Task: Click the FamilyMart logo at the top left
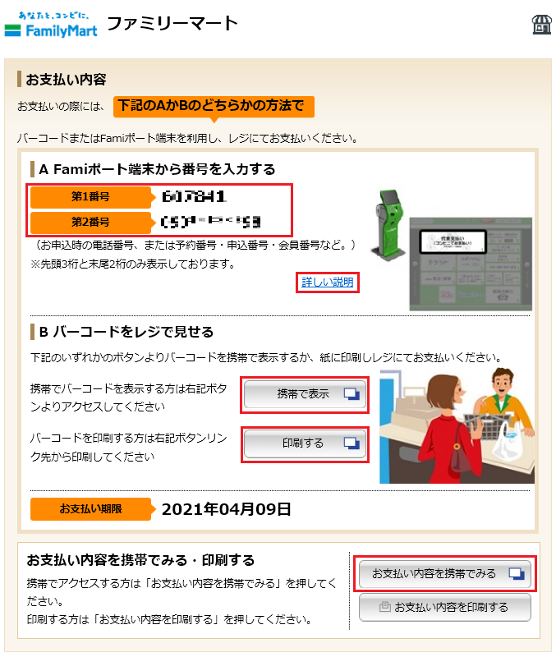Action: tap(51, 25)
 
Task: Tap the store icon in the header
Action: tap(540, 24)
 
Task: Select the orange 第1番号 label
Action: tap(90, 197)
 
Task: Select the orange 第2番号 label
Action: tap(90, 222)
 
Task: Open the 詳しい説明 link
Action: tap(327, 283)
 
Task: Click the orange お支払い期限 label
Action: tap(90, 509)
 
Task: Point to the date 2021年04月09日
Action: tap(226, 509)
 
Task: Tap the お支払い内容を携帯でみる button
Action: tap(444, 573)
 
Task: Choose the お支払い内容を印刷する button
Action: tap(444, 608)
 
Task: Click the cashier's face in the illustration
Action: tap(503, 384)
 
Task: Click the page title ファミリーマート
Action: tap(172, 23)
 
